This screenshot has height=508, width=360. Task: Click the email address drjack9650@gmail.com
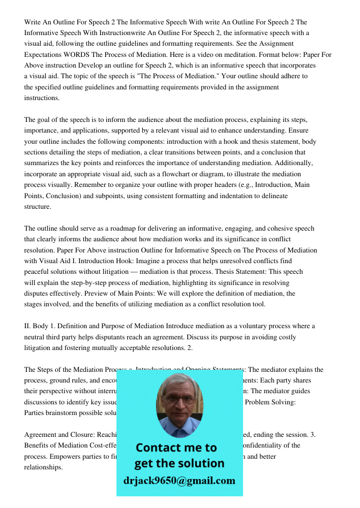[179, 481]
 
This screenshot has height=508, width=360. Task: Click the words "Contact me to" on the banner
[176, 448]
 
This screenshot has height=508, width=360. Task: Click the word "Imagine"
[148, 261]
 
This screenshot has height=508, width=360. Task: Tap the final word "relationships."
[44, 467]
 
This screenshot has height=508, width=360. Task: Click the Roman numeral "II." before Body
[28, 326]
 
